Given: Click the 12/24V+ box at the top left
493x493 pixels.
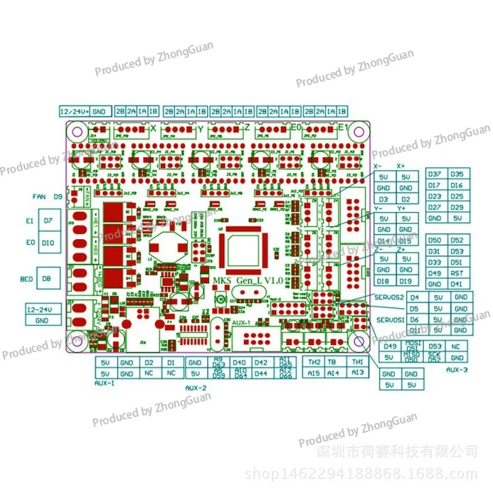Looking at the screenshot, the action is click(x=75, y=112).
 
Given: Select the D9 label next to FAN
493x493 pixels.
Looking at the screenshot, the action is click(x=58, y=197).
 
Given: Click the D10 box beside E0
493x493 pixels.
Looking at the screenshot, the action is click(x=49, y=243).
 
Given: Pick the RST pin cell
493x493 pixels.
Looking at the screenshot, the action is click(x=457, y=273).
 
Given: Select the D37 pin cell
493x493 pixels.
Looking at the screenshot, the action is click(x=434, y=174).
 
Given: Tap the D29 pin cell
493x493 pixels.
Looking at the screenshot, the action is click(x=457, y=208).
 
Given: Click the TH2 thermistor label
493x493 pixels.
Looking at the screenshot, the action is click(x=313, y=362).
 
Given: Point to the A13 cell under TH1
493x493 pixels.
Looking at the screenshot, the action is click(x=358, y=373).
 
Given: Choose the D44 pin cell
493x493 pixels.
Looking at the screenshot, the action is click(x=260, y=373).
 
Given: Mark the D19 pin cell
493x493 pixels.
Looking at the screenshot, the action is click(x=405, y=281).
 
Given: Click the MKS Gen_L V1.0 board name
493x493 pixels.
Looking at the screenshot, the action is click(x=247, y=280).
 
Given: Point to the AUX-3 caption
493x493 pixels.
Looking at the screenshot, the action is click(x=456, y=370).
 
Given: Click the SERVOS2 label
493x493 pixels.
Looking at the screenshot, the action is click(x=389, y=297).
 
